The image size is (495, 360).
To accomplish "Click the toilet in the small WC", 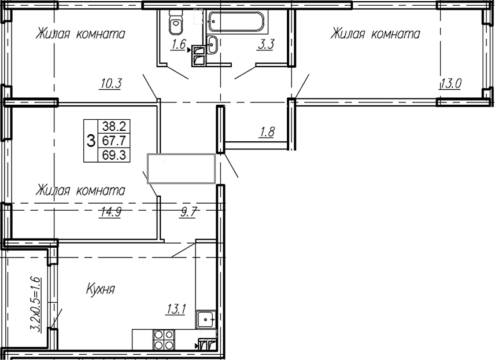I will point(174,23).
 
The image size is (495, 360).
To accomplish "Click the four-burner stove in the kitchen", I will point(163,339).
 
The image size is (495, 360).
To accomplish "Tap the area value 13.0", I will point(450,83).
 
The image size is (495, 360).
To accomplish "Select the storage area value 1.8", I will point(266,132).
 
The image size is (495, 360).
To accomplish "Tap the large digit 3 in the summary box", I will point(91,140).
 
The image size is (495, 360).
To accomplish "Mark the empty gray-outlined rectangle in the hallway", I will point(182,168).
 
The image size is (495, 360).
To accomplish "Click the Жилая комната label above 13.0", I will point(375,34).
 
